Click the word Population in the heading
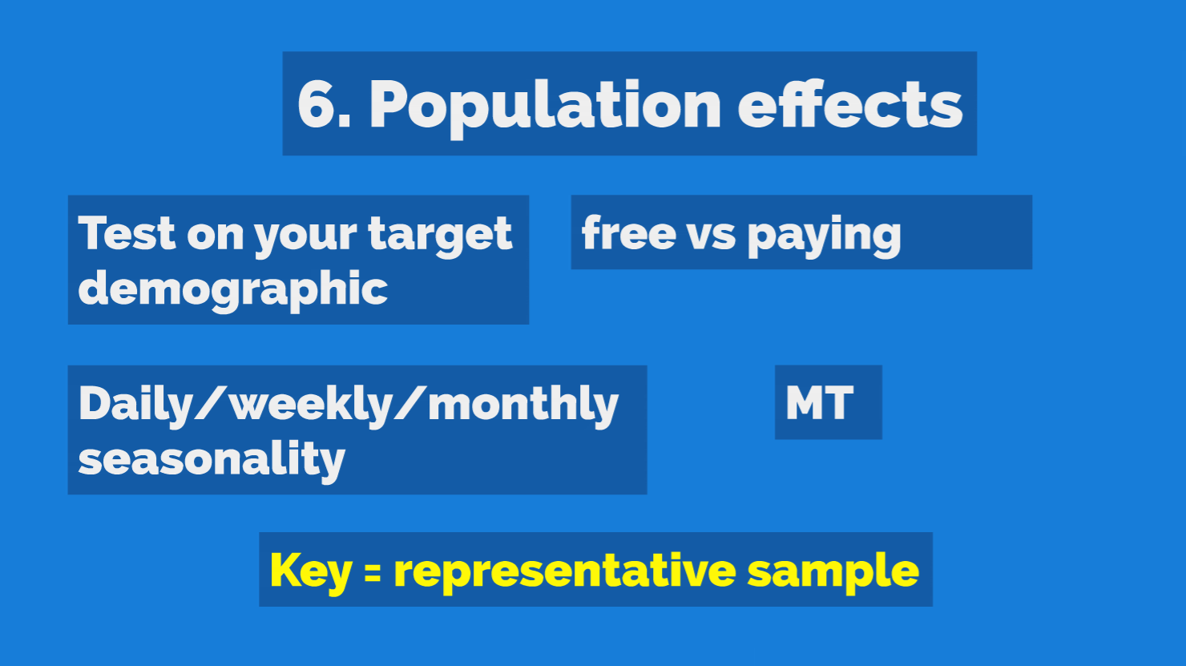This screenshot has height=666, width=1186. point(545,107)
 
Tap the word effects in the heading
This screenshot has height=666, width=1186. point(849,103)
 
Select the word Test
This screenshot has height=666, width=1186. point(127,232)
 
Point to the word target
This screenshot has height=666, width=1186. point(440,236)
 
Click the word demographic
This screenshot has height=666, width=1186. point(233,290)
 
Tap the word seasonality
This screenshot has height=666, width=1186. point(212,461)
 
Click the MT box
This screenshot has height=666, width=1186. point(828,402)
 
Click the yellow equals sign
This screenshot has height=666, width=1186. point(372,574)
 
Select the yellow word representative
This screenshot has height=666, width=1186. point(565,571)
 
